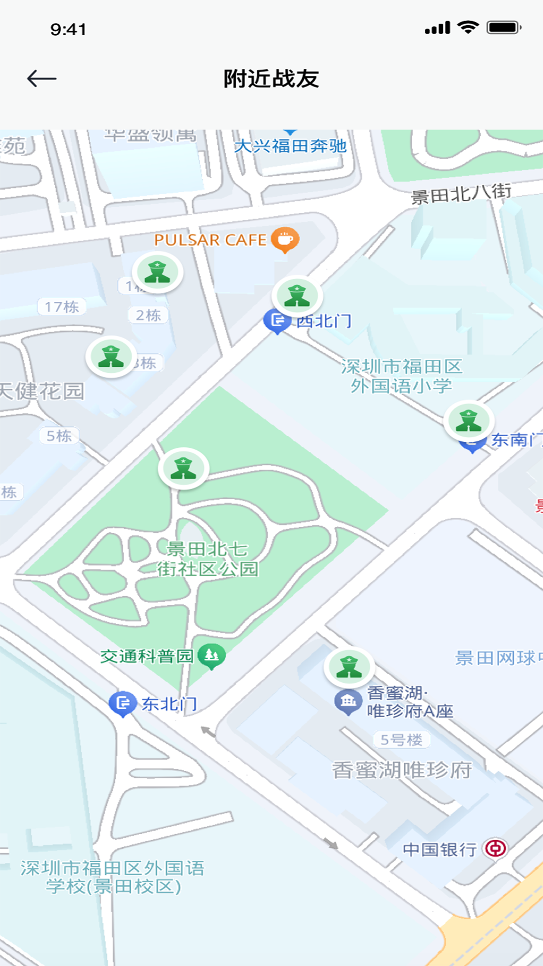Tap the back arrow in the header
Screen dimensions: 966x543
tap(41, 78)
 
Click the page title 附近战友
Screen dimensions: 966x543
tap(271, 79)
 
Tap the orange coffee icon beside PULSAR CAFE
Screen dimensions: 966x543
tap(285, 239)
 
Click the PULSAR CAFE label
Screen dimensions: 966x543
tap(210, 240)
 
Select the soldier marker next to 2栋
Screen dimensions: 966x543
tap(157, 272)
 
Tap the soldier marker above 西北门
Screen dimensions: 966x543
tap(297, 296)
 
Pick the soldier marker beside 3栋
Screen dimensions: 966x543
tap(111, 357)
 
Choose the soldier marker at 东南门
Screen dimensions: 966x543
tap(469, 421)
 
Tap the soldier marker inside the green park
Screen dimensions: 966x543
tap(184, 468)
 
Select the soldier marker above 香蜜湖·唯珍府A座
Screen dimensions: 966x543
tap(349, 667)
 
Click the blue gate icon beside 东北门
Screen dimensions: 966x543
tap(123, 703)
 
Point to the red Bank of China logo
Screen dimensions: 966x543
tap(496, 849)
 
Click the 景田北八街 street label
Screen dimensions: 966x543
tap(461, 194)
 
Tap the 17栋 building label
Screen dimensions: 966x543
tap(62, 306)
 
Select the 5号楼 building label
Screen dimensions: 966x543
tap(401, 740)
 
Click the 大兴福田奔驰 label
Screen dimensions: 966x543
tap(290, 146)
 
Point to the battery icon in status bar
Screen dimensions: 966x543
tap(504, 28)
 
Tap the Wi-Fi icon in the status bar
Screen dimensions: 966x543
tap(468, 28)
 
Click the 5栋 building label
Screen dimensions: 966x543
tap(59, 436)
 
